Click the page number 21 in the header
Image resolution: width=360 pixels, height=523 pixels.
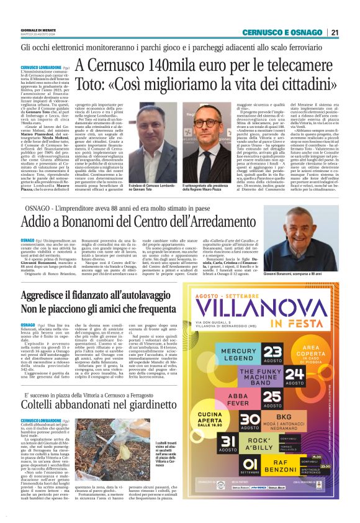tap(335, 33)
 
